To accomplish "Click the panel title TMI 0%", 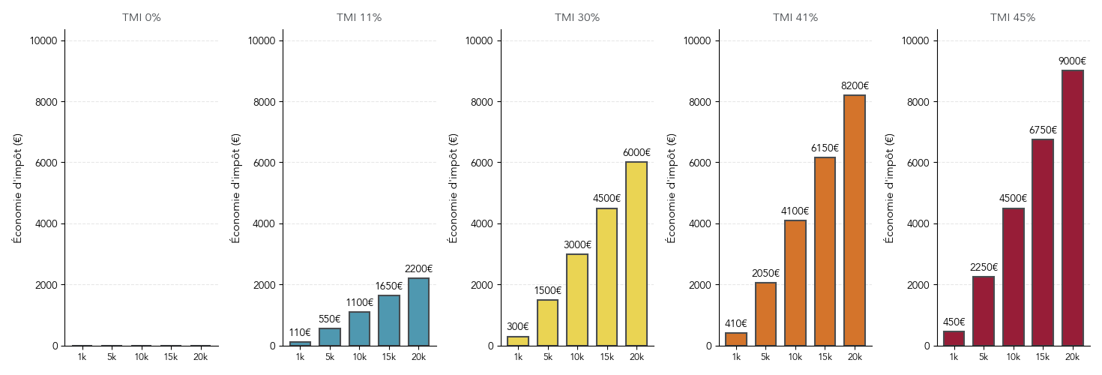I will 141,17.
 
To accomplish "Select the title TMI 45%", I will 1013,17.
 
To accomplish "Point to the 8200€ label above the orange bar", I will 855,86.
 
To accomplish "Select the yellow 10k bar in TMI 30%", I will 577,300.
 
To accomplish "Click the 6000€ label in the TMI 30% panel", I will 636,153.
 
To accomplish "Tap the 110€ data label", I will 300,333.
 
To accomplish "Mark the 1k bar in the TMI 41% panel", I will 736,339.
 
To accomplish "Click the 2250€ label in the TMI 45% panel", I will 984,268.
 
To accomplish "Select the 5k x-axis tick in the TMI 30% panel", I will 547,357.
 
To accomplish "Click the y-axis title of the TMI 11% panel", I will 235,188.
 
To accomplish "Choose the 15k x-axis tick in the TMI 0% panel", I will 170,357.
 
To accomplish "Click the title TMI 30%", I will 577,17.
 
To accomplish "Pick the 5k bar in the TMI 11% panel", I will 330,337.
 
